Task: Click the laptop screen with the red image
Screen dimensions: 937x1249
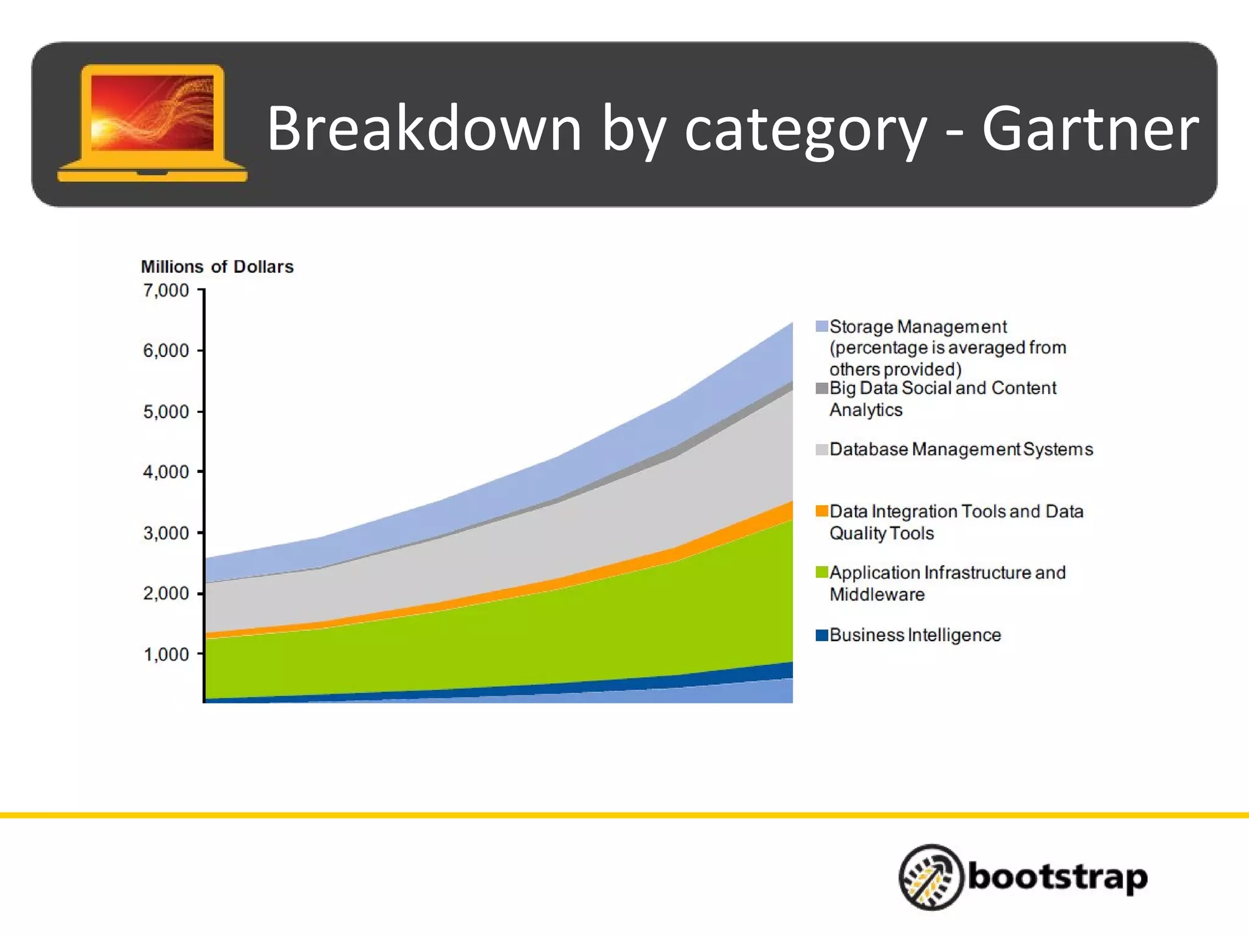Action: (152, 113)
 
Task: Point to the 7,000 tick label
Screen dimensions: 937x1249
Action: (166, 291)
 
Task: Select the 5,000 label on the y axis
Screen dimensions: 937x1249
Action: (166, 412)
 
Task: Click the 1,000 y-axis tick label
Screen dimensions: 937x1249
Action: (166, 655)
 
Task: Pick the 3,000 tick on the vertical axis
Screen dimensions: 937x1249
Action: (166, 533)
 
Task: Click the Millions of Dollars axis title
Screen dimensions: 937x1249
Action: (217, 267)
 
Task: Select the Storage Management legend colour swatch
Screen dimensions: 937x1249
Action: (821, 326)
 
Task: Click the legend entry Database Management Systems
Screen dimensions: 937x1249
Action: (961, 450)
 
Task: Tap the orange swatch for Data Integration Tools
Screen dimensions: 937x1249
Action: (821, 511)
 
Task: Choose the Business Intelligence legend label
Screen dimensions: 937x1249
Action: (915, 635)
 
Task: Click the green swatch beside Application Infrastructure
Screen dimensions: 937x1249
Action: (821, 572)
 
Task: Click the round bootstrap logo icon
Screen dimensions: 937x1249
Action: (931, 877)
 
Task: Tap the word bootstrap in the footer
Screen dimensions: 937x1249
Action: (1058, 877)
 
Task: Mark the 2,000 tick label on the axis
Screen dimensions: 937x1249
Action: (166, 594)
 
